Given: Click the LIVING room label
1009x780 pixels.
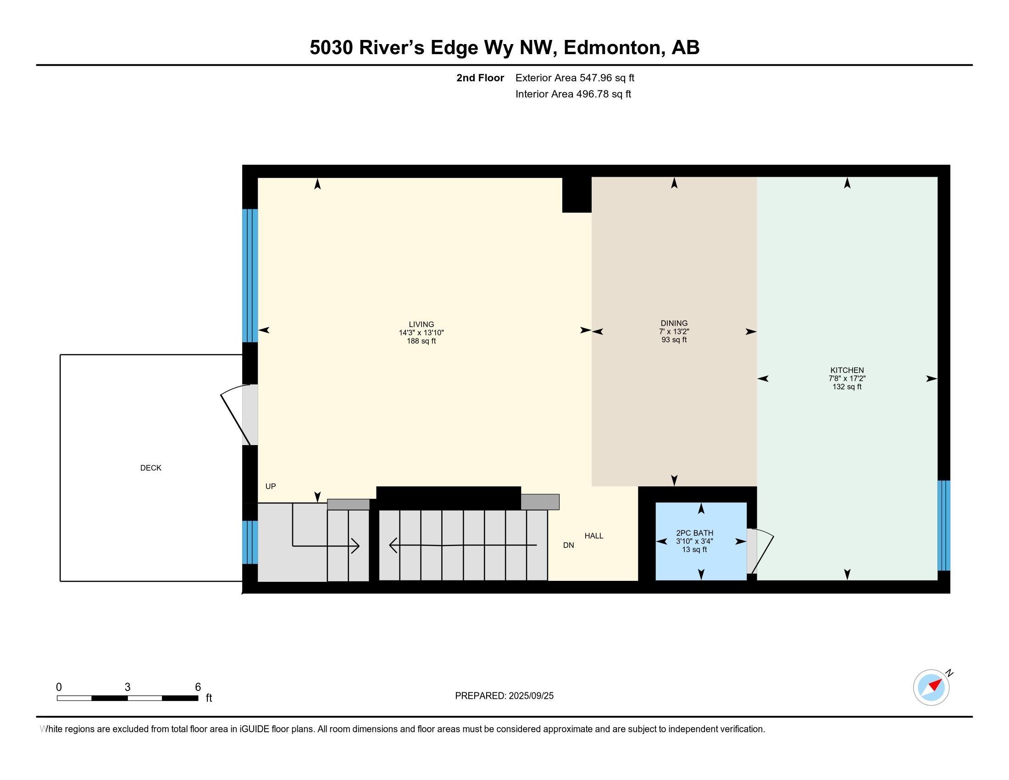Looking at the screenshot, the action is [x=421, y=324].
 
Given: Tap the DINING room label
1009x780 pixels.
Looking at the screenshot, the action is [x=674, y=323].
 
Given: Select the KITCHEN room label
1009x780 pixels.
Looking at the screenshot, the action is [x=847, y=370].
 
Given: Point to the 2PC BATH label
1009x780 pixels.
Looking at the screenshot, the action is [x=694, y=533].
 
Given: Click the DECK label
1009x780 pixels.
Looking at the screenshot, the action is [x=150, y=468].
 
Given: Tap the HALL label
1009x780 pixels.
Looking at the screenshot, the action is [x=593, y=535].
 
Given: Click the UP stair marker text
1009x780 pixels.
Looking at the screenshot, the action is [x=270, y=486].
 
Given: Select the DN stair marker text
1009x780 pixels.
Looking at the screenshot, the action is [x=568, y=545].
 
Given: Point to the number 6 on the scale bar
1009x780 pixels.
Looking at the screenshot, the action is [x=198, y=687].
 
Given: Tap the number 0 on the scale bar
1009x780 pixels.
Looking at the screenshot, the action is [x=59, y=687].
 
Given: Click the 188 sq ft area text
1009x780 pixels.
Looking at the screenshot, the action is [x=421, y=341].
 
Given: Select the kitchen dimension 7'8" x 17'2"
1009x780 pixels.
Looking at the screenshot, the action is [x=847, y=379].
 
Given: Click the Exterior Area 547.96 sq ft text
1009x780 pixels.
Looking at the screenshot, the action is [x=575, y=78].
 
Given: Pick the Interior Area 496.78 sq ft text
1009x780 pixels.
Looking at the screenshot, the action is [x=573, y=94].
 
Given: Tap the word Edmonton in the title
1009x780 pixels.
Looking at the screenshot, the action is [x=612, y=48].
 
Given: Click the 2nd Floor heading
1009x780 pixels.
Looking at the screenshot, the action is [x=480, y=78].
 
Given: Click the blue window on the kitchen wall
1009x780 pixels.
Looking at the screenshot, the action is [x=944, y=526].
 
